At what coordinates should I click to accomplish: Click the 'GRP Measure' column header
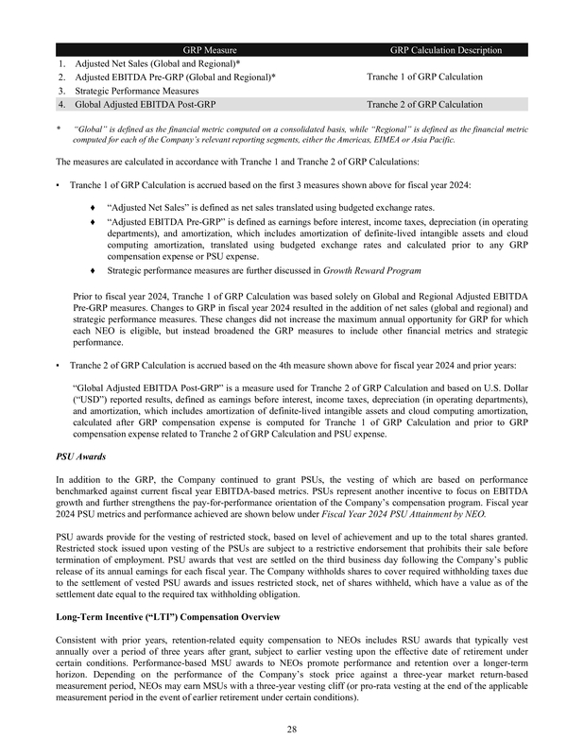point(210,49)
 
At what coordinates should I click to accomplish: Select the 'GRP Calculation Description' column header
point(445,49)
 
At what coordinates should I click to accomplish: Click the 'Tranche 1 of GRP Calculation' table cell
point(424,77)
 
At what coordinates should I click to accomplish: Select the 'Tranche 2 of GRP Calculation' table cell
point(424,104)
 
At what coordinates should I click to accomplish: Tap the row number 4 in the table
point(60,104)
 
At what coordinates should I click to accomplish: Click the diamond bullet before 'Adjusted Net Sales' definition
point(92,204)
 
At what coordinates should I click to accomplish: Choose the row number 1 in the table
point(60,62)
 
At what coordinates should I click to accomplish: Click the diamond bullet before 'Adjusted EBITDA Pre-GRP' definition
point(92,221)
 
